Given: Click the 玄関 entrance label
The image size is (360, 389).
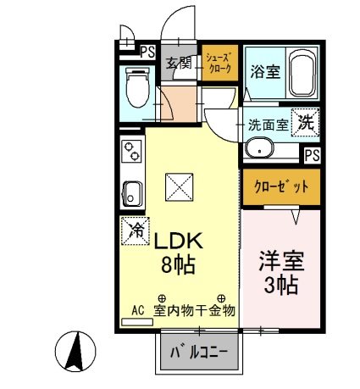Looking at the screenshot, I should point(178,63).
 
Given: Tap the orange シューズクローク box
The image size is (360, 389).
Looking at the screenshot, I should point(220,62).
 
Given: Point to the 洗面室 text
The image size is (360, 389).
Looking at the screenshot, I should point(268,125).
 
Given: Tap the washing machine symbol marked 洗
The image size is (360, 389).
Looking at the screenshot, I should point(306,121).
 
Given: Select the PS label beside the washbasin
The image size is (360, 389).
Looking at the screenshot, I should point(313,154).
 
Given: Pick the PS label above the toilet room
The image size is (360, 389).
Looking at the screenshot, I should point(147,51).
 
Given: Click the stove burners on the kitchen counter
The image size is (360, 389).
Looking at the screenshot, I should point(132,153).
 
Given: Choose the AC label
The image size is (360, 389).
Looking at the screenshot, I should point(137,311).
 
